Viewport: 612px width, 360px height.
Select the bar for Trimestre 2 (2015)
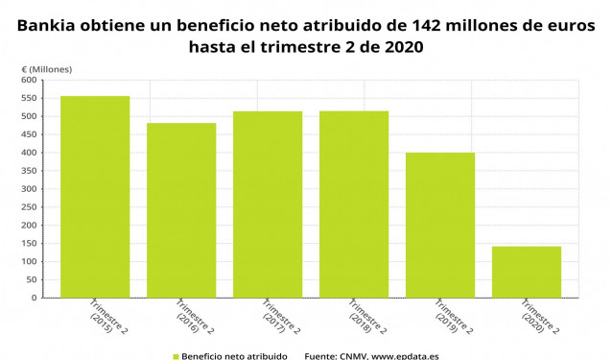click(95, 197)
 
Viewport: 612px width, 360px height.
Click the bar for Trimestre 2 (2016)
click(181, 210)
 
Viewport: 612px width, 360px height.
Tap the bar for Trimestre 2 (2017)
click(268, 204)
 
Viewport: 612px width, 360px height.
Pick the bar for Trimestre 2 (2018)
click(354, 204)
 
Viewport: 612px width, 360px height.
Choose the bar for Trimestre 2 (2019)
click(440, 225)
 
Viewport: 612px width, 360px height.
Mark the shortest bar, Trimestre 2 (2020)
click(527, 272)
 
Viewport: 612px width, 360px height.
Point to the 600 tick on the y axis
click(29, 81)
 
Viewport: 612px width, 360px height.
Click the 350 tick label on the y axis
click(29, 171)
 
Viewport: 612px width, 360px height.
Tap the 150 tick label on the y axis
click(29, 243)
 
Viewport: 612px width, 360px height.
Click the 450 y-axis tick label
click(29, 134)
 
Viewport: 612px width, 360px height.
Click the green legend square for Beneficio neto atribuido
click(176, 355)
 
